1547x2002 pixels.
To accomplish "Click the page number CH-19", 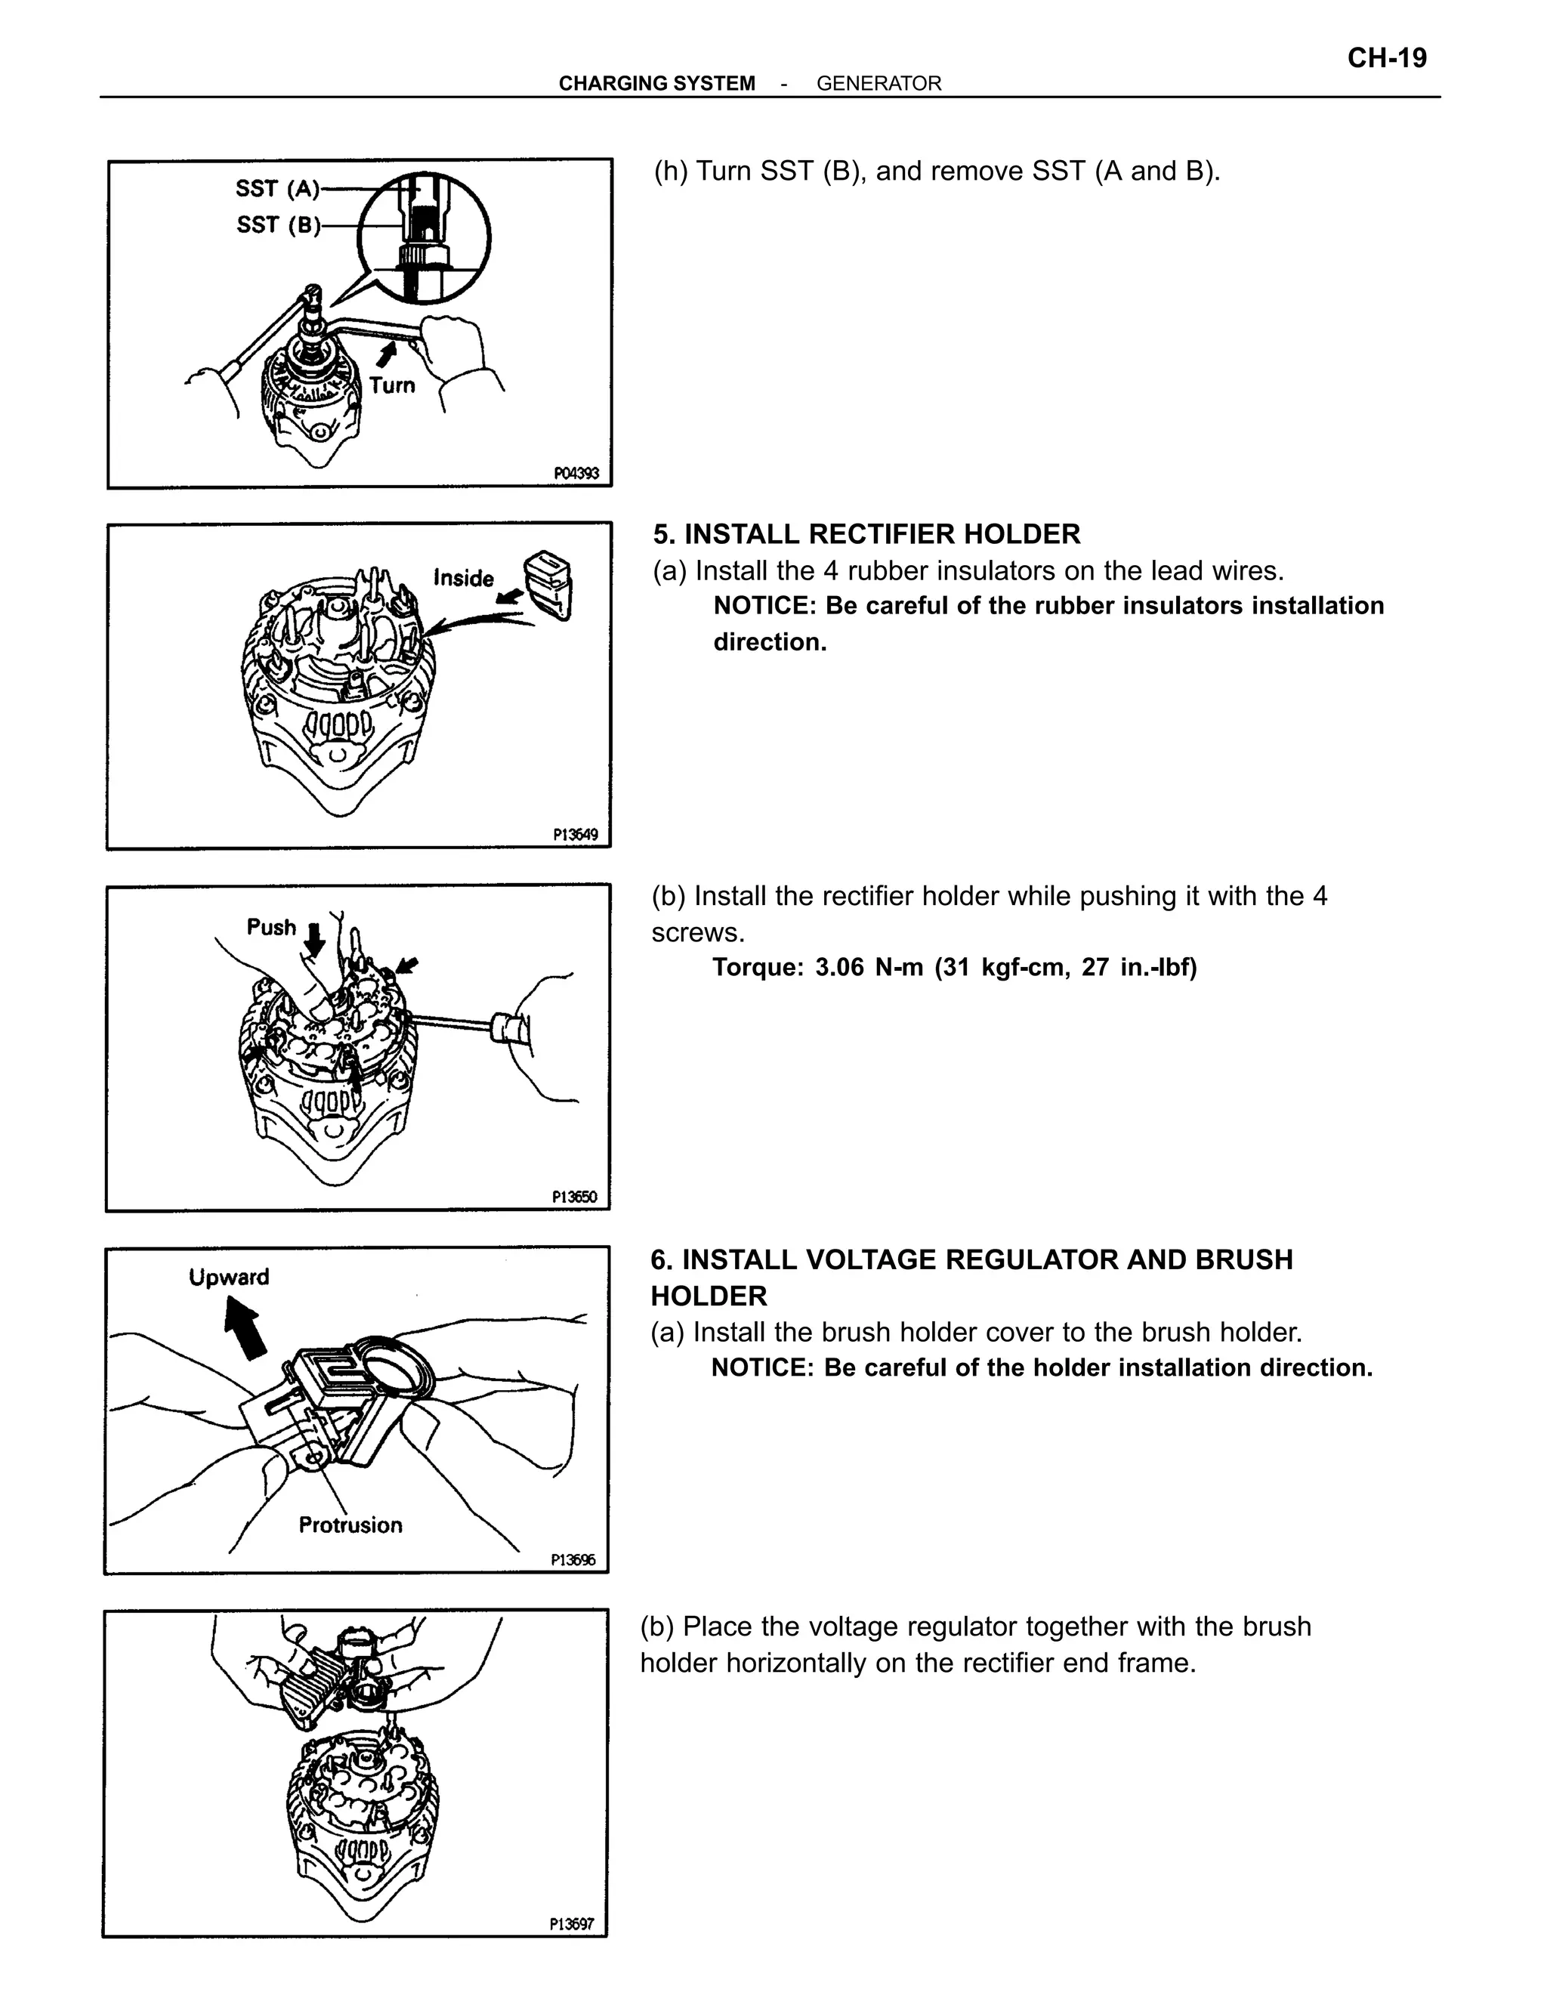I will pos(1387,59).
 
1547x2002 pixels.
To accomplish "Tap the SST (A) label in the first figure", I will pos(276,189).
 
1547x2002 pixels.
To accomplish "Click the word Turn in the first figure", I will pos(392,385).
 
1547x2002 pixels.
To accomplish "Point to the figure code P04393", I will pos(576,473).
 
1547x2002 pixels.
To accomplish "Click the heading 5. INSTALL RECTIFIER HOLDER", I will pos(866,533).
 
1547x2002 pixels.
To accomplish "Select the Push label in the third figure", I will pos(271,927).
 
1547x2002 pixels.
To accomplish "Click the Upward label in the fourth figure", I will pos(229,1277).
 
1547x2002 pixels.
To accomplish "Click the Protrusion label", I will pos(350,1525).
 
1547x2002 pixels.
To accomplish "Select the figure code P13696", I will pos(573,1559).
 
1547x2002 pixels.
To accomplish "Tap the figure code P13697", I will pos(572,1924).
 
